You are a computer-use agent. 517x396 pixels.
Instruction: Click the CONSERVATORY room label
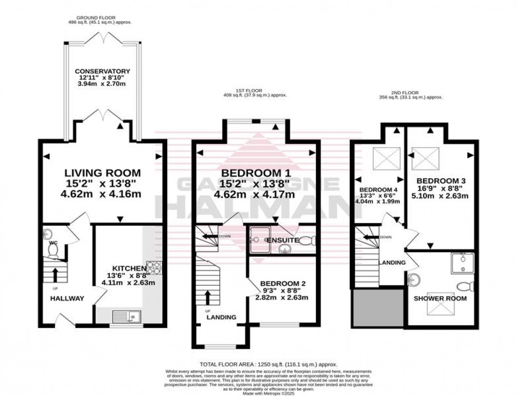tap(102, 71)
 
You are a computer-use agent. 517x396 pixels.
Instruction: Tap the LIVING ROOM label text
tap(102, 173)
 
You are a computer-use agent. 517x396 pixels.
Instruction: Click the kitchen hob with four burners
tap(153, 268)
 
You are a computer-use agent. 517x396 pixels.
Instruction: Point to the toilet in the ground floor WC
tap(53, 248)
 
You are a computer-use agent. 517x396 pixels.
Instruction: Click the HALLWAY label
tap(67, 298)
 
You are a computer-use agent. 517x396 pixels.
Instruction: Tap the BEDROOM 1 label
tap(255, 173)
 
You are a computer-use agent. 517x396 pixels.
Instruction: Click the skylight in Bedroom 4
tap(384, 157)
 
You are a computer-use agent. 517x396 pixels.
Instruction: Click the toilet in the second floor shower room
tap(464, 287)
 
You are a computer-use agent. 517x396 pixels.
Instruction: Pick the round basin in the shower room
tap(414, 279)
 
